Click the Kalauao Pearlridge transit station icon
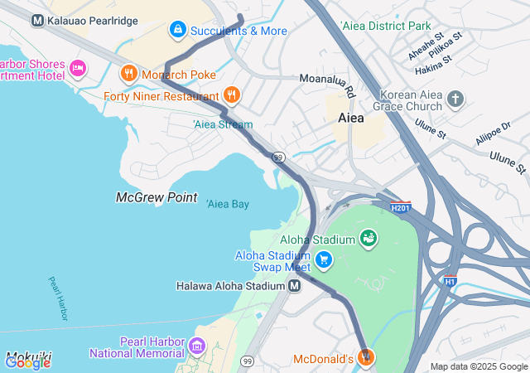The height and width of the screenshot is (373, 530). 37,19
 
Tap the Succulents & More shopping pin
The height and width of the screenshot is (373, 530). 177,31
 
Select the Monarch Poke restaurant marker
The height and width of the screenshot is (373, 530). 128,73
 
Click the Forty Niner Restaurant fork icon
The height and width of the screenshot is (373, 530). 231,95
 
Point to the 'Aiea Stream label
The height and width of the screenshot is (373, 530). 222,124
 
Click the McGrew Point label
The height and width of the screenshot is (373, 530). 157,197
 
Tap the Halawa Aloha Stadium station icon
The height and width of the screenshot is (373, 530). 294,286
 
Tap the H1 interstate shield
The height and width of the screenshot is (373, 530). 450,280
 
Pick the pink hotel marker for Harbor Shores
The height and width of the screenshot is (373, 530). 78,67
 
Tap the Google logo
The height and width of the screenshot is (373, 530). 27,362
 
